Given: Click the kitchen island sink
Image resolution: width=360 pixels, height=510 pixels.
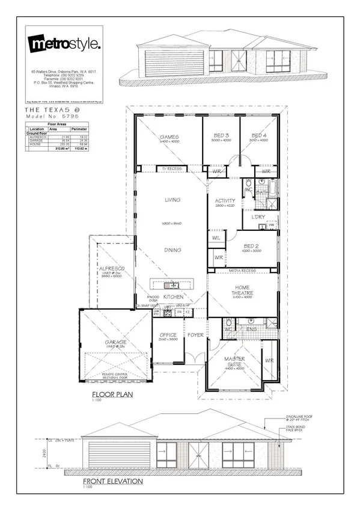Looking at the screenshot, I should point(172,285).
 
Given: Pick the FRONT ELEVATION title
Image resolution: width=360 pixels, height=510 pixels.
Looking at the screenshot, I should point(113,482).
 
